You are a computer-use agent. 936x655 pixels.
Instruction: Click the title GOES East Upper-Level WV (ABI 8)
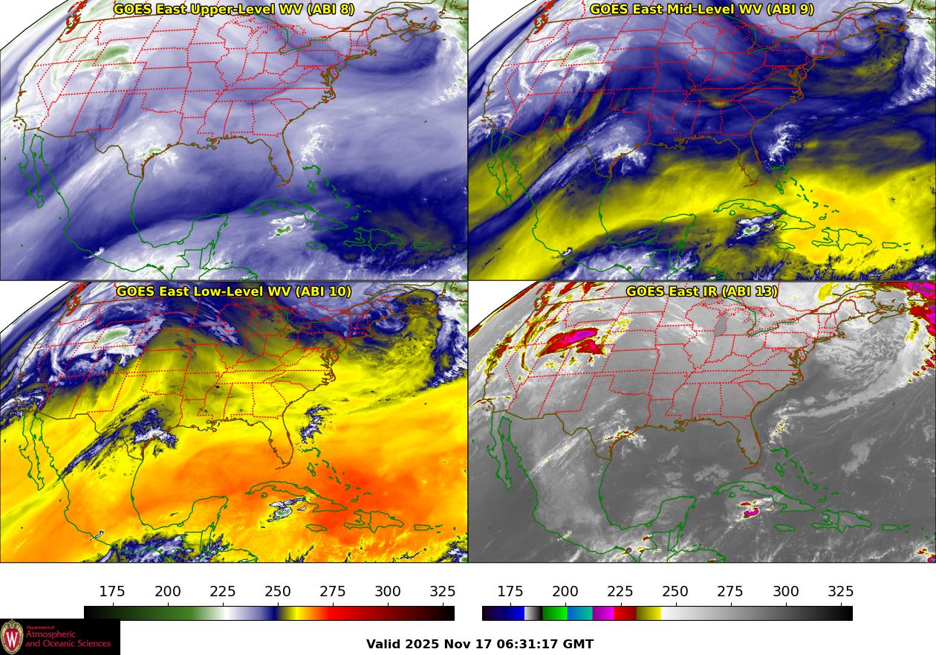pos(233,10)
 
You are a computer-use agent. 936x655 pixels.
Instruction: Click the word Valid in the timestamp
pos(385,644)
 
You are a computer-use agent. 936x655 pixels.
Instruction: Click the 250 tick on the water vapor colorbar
pos(278,592)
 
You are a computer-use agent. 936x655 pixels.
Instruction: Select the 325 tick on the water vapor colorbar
pos(443,592)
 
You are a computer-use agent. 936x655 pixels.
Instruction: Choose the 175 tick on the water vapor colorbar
pos(112,592)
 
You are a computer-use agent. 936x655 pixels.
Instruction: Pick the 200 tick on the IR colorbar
pos(565,592)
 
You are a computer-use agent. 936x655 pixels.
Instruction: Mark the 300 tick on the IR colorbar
pos(785,592)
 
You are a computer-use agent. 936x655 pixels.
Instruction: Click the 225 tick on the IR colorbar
pos(620,592)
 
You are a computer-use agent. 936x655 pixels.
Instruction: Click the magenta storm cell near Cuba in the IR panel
pos(751,512)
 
